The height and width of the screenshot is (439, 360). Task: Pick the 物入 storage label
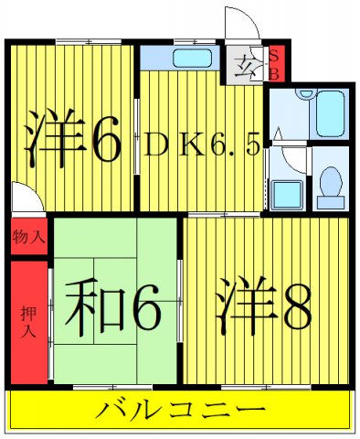tap(28, 238)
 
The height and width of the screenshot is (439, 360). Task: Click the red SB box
tap(273, 63)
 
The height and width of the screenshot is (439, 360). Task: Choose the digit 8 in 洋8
tap(294, 307)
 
